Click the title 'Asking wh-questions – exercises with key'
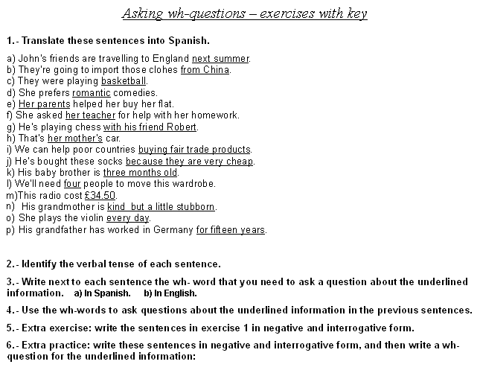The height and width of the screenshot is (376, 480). point(244,14)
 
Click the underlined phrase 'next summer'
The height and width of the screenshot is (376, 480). point(220,59)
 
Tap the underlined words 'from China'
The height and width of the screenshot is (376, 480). point(205,70)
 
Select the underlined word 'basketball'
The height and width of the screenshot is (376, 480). point(124,81)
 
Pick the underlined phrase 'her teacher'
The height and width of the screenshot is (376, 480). point(90,115)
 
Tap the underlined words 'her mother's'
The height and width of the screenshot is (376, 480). point(74,138)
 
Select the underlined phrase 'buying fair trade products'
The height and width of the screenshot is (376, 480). point(194,150)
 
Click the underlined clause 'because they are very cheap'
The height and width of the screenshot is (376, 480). point(190,162)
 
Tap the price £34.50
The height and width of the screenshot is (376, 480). point(100,196)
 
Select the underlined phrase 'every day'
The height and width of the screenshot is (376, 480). point(128,218)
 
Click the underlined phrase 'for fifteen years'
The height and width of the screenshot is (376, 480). point(231,230)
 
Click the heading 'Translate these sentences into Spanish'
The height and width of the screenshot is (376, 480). point(112,40)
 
